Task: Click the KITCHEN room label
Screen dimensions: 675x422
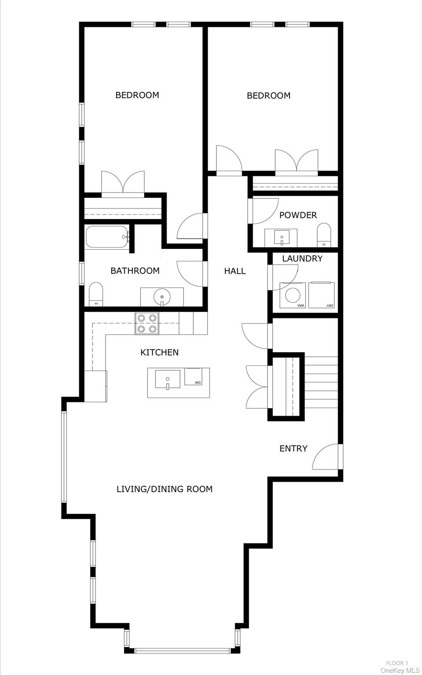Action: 159,352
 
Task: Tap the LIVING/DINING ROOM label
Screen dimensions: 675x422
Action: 164,489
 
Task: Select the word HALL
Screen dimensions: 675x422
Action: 235,271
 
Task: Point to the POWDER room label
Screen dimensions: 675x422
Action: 298,215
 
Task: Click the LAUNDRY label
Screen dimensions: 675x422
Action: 302,259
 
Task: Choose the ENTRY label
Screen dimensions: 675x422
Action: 293,449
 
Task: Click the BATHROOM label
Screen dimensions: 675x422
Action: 135,271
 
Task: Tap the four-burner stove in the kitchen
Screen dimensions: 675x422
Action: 147,323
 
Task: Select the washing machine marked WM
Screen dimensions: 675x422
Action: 293,295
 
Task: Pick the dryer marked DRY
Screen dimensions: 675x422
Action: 321,295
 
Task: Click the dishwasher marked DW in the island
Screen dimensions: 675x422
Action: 197,376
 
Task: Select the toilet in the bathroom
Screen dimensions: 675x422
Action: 96,294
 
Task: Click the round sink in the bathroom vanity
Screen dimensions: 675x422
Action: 162,297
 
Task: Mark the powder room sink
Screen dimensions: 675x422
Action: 281,238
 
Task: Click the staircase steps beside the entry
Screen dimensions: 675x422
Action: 321,378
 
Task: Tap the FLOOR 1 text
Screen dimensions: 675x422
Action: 397,663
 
